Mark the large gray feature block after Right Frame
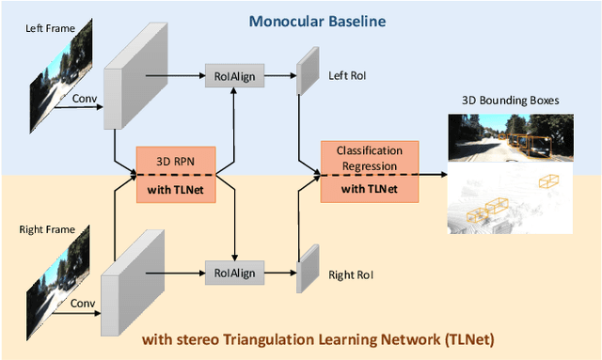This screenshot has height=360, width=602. pyautogui.click(x=135, y=280)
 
